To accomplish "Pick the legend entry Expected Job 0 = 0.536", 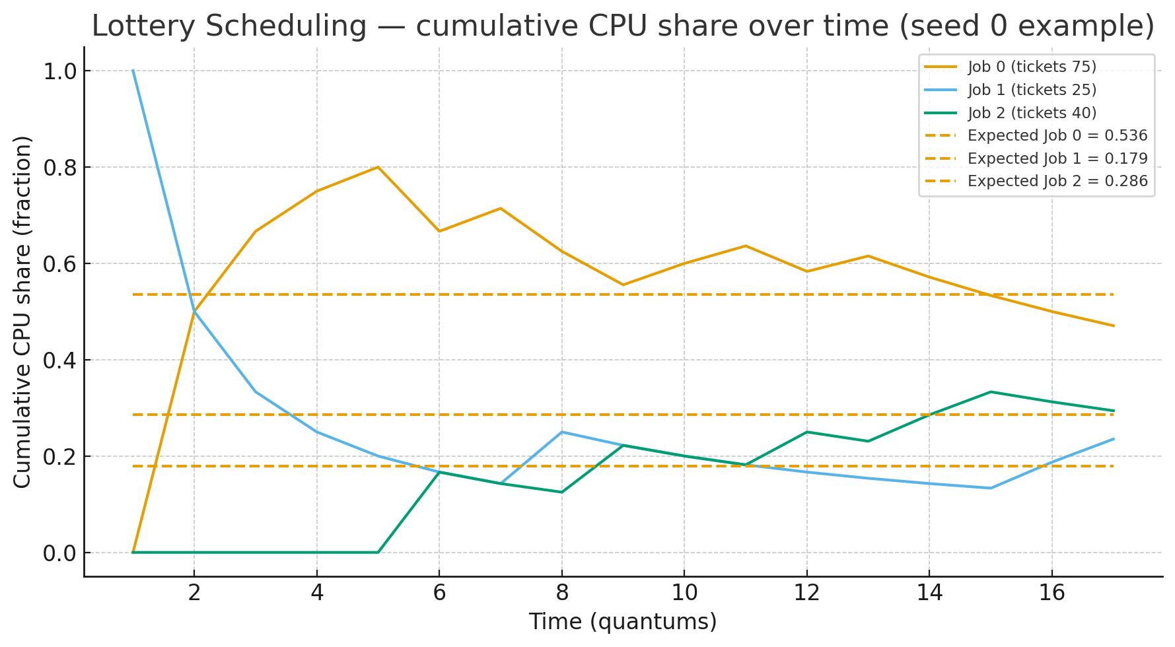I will [x=1057, y=135].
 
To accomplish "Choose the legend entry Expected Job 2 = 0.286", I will [x=1057, y=181].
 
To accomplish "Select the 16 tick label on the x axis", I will [x=1051, y=593].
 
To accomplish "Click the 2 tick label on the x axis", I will [x=194, y=593].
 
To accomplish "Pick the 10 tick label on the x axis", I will [x=684, y=593].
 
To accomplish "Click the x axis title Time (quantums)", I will [x=623, y=622].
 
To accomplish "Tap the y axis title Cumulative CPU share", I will [x=22, y=312].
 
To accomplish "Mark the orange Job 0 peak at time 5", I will [x=378, y=167].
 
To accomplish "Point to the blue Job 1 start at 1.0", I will [x=133, y=71].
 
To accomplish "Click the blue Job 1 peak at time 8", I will [x=561, y=432].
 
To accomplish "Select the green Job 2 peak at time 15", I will [x=990, y=392].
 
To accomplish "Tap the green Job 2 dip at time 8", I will [x=561, y=492].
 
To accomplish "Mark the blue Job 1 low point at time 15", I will [x=990, y=488].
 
